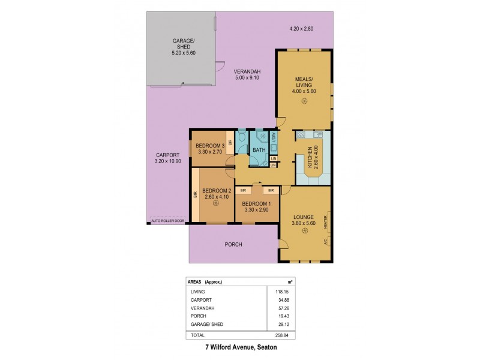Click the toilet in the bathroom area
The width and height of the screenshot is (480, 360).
point(241,137)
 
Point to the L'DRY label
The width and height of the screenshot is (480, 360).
point(274,138)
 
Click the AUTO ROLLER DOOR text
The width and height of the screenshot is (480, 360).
point(167,221)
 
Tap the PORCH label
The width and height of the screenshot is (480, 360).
point(233,244)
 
